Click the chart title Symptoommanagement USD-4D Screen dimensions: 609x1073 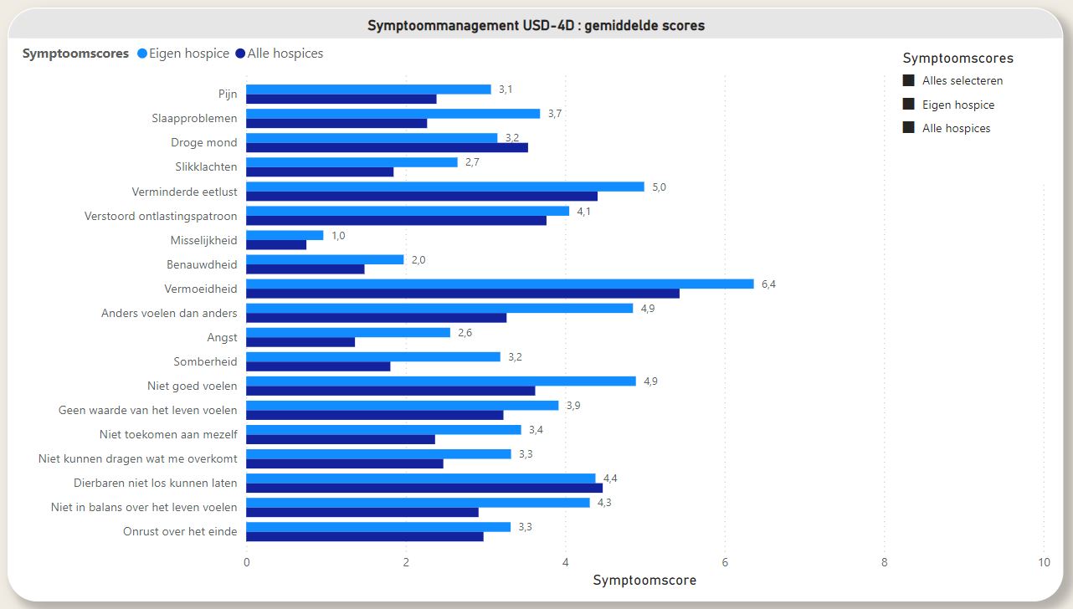[x=536, y=25]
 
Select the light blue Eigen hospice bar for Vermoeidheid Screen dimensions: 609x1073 [x=500, y=284]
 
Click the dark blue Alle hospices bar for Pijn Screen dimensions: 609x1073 [x=341, y=99]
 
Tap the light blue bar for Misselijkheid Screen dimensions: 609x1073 [x=285, y=235]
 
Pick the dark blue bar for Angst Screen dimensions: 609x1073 [x=300, y=342]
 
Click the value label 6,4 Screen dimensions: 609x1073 [x=768, y=284]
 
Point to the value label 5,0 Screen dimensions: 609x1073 [x=659, y=187]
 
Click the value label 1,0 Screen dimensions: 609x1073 [x=338, y=235]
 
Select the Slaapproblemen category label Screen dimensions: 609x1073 [x=194, y=118]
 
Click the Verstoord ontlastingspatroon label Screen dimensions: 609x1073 [x=161, y=216]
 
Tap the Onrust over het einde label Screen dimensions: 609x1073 [x=180, y=531]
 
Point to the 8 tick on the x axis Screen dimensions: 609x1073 [x=884, y=563]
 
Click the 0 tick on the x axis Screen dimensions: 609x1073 [x=246, y=563]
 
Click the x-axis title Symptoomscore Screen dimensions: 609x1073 [x=644, y=580]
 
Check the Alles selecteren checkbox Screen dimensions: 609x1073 [x=908, y=80]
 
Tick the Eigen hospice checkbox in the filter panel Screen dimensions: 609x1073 [x=908, y=105]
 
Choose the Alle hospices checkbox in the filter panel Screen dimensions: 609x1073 [x=908, y=128]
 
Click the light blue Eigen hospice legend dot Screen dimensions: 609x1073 [x=141, y=54]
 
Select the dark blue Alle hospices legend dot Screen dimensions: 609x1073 [x=240, y=54]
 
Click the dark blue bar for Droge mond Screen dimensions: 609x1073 [x=387, y=148]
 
